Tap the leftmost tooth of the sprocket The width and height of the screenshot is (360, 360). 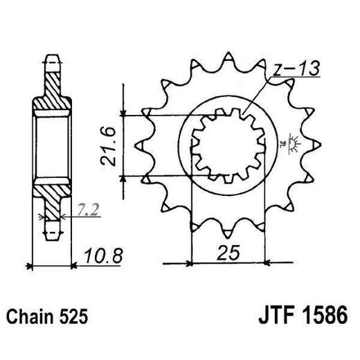(x=137, y=144)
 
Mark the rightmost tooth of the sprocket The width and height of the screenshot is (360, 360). (x=317, y=144)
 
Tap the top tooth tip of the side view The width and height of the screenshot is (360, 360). (x=53, y=56)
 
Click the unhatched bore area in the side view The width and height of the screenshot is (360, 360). (x=53, y=145)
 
